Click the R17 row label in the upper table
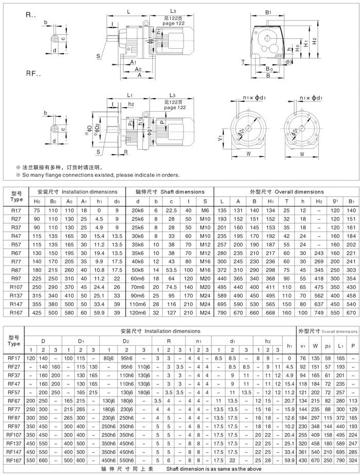pyautogui.click(x=16, y=210)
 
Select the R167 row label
pyautogui.click(x=16, y=298)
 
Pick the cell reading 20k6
pyautogui.click(x=138, y=210)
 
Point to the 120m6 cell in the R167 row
pyautogui.click(x=138, y=298)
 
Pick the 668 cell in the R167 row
pyautogui.click(x=271, y=298)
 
